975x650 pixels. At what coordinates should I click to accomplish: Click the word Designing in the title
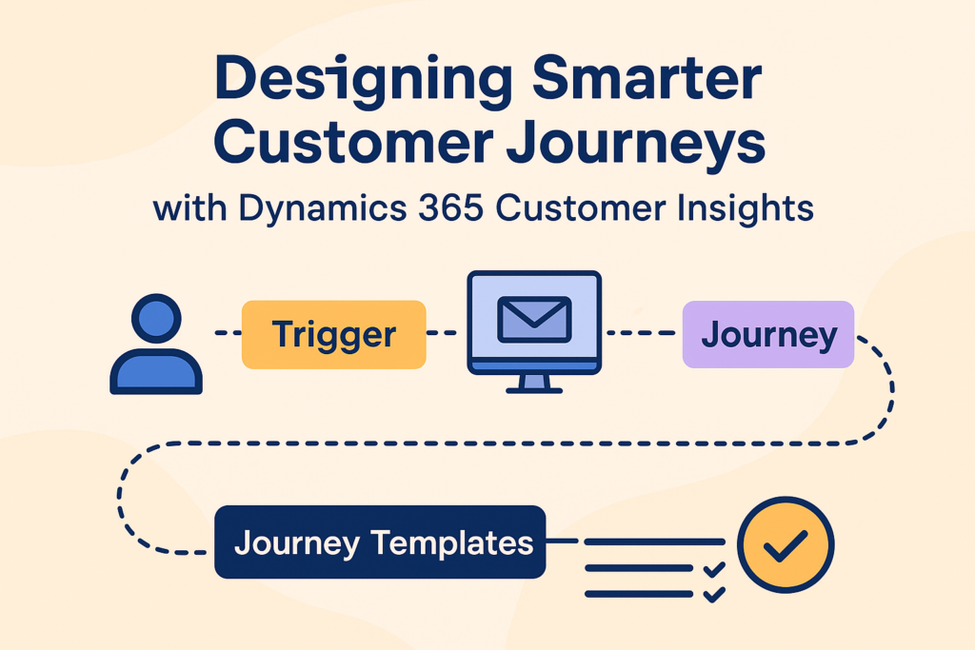pyautogui.click(x=363, y=79)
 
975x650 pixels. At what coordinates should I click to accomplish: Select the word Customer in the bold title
pyautogui.click(x=353, y=143)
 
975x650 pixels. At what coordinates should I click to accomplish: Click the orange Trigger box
pyautogui.click(x=334, y=334)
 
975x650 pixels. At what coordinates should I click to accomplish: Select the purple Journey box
pyautogui.click(x=768, y=334)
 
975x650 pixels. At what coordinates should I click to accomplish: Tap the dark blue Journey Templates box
pyautogui.click(x=380, y=542)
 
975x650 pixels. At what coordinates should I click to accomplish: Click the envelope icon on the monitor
pyautogui.click(x=534, y=320)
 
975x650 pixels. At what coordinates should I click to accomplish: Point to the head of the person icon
pyautogui.click(x=156, y=318)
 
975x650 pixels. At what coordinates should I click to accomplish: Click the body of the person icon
pyautogui.click(x=156, y=371)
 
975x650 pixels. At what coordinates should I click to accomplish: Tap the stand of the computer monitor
pyautogui.click(x=534, y=384)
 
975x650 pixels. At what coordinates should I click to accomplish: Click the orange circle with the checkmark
pyautogui.click(x=786, y=544)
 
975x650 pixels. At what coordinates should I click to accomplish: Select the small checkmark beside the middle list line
pyautogui.click(x=714, y=569)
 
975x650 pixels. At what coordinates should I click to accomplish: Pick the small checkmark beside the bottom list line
pyautogui.click(x=714, y=595)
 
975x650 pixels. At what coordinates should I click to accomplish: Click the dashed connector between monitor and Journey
pyautogui.click(x=642, y=333)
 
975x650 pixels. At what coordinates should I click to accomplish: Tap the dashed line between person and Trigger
pyautogui.click(x=228, y=333)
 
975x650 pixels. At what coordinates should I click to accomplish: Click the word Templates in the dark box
pyautogui.click(x=452, y=543)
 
